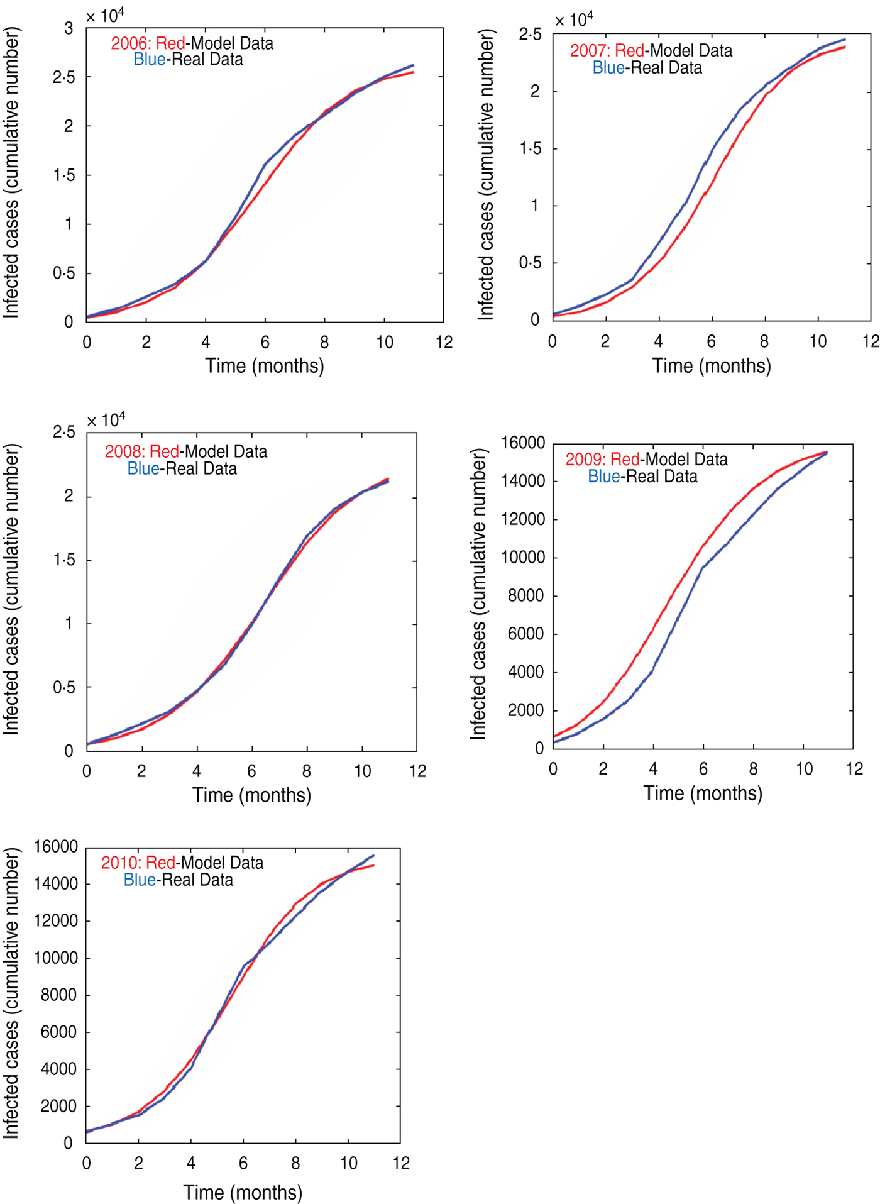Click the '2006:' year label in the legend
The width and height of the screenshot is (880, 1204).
tap(131, 43)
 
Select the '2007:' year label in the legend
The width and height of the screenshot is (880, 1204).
tap(590, 51)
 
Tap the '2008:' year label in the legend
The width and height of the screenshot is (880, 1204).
tap(124, 451)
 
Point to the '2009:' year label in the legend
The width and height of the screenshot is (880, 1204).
tap(585, 460)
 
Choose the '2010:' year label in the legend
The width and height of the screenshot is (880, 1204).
tap(121, 863)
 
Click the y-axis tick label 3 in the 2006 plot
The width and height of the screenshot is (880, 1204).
tap(69, 28)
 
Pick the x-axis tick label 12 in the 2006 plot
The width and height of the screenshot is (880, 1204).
tap(444, 342)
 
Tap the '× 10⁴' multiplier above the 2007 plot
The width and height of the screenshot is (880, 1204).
tap(574, 20)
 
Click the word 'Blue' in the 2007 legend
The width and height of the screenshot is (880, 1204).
tap(608, 68)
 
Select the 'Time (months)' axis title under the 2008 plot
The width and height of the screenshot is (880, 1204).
tap(251, 795)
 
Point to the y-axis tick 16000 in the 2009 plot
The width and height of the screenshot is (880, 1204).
tap(523, 443)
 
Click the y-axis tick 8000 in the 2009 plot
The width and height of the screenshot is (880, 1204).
tap(526, 595)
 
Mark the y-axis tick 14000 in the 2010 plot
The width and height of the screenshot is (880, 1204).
tap(56, 883)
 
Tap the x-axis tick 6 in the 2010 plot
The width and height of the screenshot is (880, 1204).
tap(243, 1163)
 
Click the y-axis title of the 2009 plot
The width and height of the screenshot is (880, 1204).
tap(478, 594)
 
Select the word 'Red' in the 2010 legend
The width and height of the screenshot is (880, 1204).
tap(160, 863)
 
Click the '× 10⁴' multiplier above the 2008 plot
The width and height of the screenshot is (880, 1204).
tap(106, 420)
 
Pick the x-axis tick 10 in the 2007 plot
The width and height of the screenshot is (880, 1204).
tap(818, 341)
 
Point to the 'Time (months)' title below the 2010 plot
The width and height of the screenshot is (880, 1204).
tap(243, 1193)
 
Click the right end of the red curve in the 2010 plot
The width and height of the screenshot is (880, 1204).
tap(373, 866)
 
